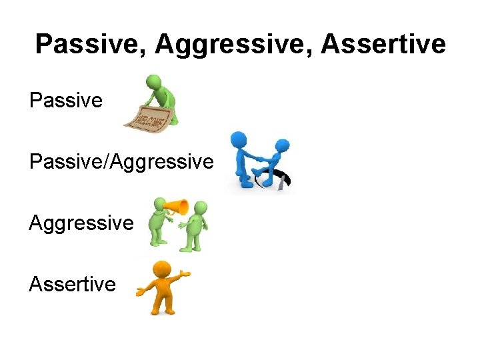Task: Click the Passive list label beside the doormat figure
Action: click(x=66, y=101)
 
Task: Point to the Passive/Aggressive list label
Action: click(x=121, y=161)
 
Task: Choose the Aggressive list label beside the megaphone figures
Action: click(x=81, y=223)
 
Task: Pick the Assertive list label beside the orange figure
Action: click(x=72, y=284)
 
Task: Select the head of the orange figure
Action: click(x=161, y=271)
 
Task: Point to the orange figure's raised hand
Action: click(x=186, y=273)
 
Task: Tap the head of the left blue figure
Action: click(x=237, y=139)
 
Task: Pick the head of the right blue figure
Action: click(x=283, y=145)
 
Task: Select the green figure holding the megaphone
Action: click(x=160, y=227)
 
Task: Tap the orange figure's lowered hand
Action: click(x=140, y=292)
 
